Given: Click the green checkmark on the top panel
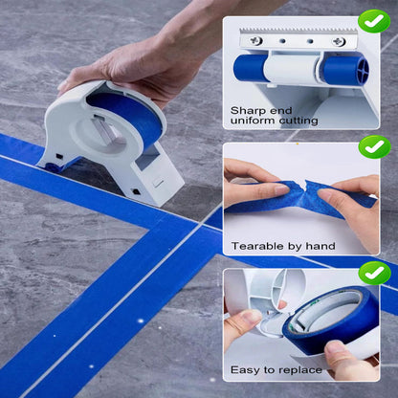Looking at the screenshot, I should pos(374,21).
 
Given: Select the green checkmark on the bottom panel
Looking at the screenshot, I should pos(374,275).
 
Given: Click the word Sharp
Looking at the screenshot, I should pos(249,110).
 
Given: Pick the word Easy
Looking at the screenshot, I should pos(246,370).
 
